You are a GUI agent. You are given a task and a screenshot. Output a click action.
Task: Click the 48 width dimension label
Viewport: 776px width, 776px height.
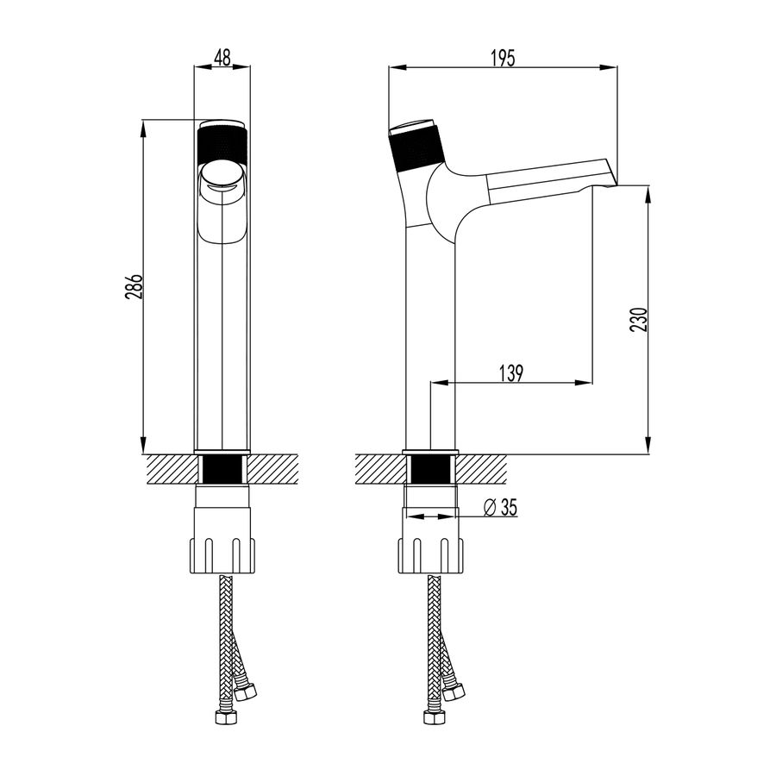pos(222,58)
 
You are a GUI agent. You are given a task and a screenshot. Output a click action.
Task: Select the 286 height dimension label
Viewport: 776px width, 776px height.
pos(134,286)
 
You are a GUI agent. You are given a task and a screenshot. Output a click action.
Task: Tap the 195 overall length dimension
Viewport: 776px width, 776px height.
pos(503,58)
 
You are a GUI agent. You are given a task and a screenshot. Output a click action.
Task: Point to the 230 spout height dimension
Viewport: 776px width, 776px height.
pos(638,320)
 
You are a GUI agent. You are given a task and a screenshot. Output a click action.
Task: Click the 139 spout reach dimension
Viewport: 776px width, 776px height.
pos(510,373)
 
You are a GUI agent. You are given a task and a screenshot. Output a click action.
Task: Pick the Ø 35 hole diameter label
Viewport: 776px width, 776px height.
pos(500,507)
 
